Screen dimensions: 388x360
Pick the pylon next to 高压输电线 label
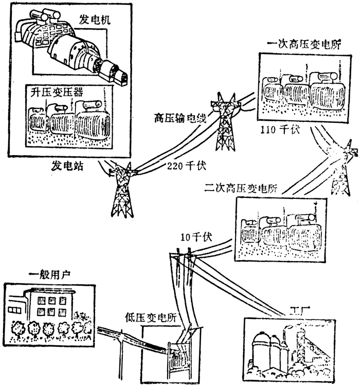coord(226,126)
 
